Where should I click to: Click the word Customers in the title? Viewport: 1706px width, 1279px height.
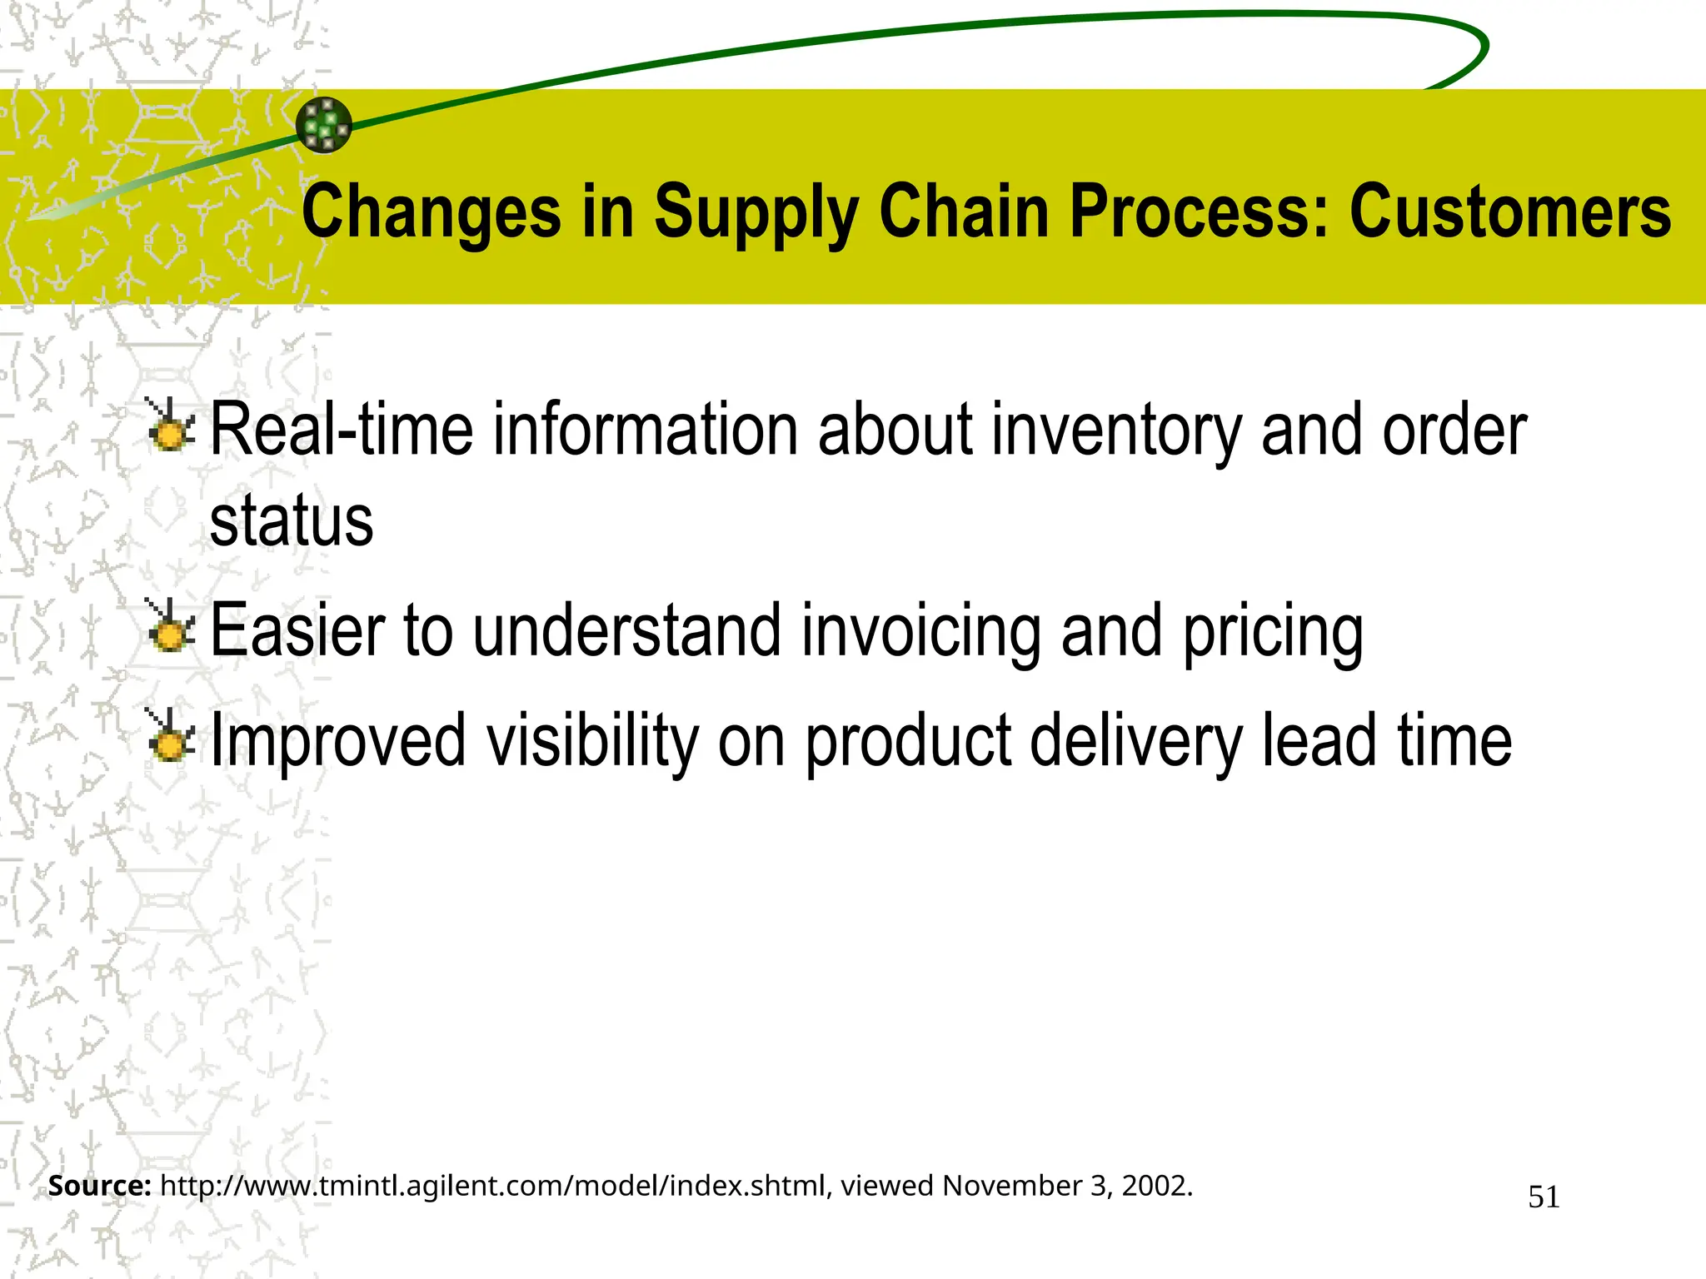(1509, 212)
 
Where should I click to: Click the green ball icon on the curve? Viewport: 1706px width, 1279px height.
(324, 125)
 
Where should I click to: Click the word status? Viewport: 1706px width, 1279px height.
(292, 522)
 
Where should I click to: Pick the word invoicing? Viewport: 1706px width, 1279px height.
(921, 631)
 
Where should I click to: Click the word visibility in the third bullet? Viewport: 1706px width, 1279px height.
(592, 741)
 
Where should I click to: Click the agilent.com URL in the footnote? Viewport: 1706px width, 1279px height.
(491, 1186)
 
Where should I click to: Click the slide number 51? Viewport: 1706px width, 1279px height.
(1544, 1197)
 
